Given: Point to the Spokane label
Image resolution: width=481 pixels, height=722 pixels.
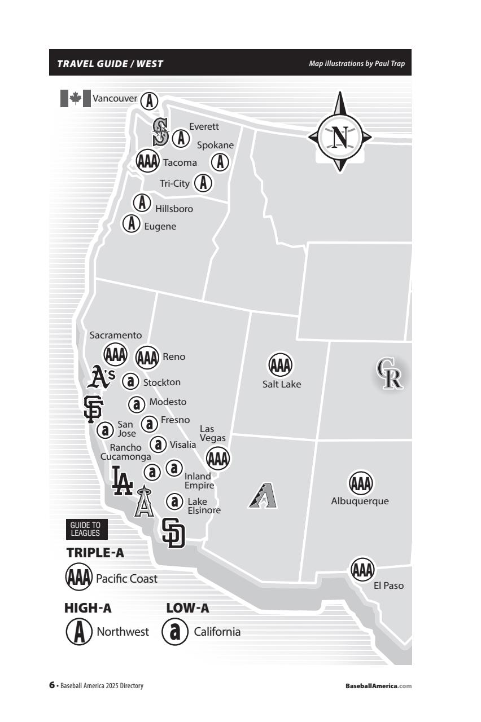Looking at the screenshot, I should pyautogui.click(x=215, y=145).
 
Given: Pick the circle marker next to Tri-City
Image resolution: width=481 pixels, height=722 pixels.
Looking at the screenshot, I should pyautogui.click(x=203, y=183).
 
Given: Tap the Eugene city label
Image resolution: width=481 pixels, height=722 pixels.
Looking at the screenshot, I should pyautogui.click(x=160, y=227).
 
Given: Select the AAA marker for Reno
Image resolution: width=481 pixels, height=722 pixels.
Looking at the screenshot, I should pyautogui.click(x=148, y=357).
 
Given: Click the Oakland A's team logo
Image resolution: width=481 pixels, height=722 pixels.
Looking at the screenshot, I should pyautogui.click(x=103, y=377).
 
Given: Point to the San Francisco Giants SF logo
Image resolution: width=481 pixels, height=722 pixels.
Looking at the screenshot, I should pyautogui.click(x=92, y=409).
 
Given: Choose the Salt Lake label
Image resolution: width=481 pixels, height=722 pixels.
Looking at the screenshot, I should pyautogui.click(x=282, y=385).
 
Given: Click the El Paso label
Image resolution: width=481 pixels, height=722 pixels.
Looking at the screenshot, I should pyautogui.click(x=389, y=585).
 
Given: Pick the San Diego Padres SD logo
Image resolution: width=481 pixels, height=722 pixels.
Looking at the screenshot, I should pyautogui.click(x=173, y=532).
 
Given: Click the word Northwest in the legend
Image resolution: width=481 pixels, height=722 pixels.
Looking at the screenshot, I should pyautogui.click(x=123, y=632).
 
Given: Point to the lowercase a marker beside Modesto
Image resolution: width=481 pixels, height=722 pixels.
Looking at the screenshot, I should pyautogui.click(x=137, y=404).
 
